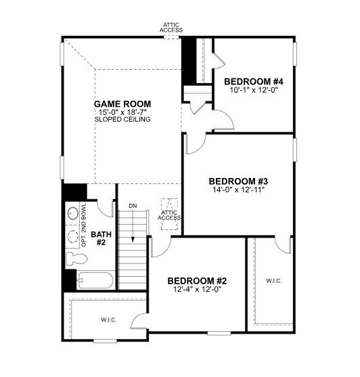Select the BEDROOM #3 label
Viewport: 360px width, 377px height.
click(238, 181)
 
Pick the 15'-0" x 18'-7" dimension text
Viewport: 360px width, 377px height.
click(122, 112)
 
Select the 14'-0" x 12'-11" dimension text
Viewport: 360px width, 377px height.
click(238, 190)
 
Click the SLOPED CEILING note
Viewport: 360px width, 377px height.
click(122, 119)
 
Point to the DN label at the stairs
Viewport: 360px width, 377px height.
click(133, 205)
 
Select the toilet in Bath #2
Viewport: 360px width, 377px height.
click(73, 259)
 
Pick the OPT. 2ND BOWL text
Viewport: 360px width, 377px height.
click(84, 223)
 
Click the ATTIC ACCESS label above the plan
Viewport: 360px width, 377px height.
click(171, 28)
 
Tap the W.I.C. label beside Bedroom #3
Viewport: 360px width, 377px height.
click(274, 280)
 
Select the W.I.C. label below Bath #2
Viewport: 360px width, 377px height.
click(109, 319)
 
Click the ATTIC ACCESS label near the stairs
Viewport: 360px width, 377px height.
click(169, 215)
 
